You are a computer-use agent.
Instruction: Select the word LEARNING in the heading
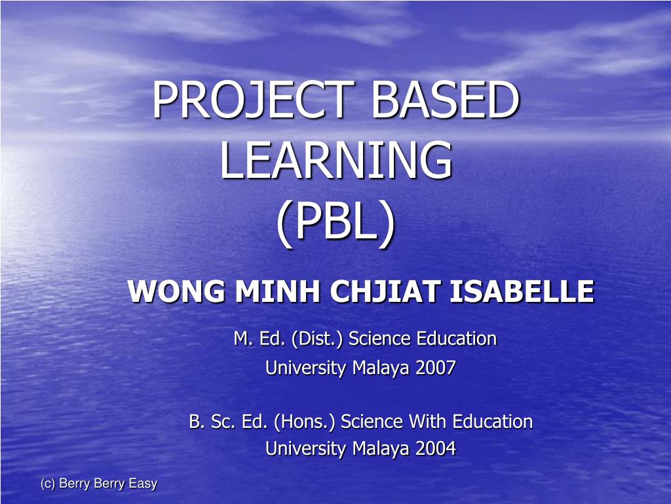tap(335, 161)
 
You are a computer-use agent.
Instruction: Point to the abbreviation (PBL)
tap(335, 223)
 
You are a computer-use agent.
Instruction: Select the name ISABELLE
tap(522, 291)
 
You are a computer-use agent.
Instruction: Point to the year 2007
tap(435, 368)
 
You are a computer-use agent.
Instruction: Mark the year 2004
tap(435, 449)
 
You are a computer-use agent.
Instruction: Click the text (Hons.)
tap(305, 421)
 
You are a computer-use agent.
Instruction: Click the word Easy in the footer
tap(143, 484)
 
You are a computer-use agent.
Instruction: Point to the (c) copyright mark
tap(47, 484)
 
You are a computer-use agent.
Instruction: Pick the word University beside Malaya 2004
tap(305, 449)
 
